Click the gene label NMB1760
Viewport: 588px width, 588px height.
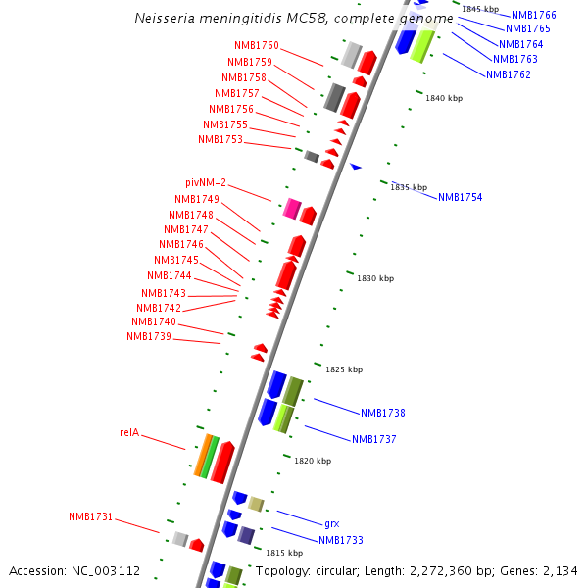click(257, 46)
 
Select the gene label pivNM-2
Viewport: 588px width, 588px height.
click(206, 183)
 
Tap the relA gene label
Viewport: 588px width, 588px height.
click(129, 432)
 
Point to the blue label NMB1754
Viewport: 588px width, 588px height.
click(460, 198)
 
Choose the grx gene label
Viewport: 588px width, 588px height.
click(331, 523)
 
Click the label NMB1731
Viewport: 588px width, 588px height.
click(90, 516)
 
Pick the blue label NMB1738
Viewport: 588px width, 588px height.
click(382, 414)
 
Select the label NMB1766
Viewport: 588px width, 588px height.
click(533, 16)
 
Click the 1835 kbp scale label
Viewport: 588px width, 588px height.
click(409, 187)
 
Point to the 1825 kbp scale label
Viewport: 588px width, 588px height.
click(344, 369)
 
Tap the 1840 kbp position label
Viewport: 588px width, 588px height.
click(444, 98)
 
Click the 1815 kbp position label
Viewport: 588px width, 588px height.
click(284, 553)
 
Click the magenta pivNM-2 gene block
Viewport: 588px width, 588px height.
click(291, 208)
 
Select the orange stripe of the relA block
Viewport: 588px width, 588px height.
click(202, 458)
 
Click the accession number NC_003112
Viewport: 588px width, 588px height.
click(110, 571)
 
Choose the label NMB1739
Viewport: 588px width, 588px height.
click(149, 337)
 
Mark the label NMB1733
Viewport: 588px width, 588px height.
click(341, 540)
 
